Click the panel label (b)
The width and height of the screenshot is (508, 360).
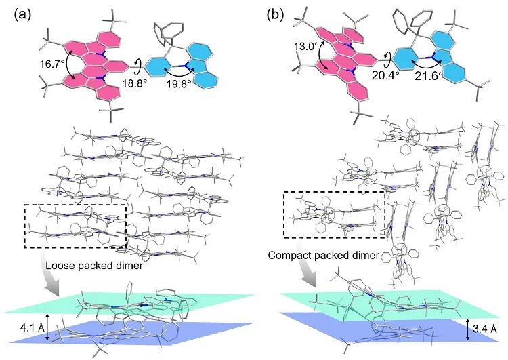pyautogui.click(x=278, y=14)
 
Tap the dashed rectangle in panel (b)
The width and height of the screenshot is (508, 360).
pyautogui.click(x=334, y=214)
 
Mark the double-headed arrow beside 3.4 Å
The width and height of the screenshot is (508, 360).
pyautogui.click(x=467, y=328)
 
